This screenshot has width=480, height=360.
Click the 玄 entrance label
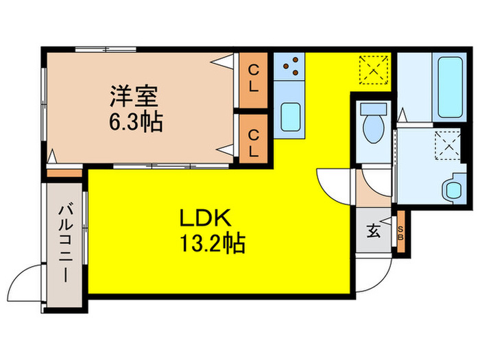coord(371,231)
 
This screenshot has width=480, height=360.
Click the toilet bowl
coord(374,130)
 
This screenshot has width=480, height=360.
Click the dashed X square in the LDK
coord(374,67)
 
